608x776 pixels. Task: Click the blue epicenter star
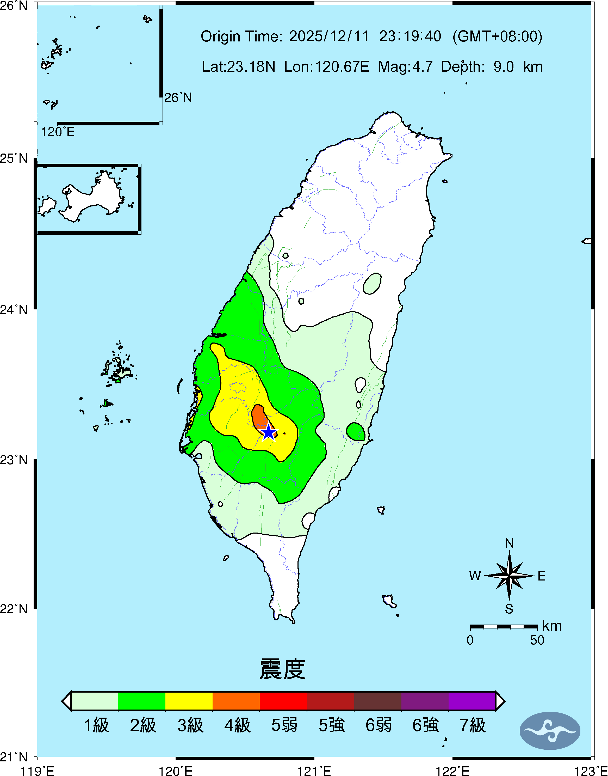click(x=269, y=433)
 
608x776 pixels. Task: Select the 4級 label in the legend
click(x=237, y=725)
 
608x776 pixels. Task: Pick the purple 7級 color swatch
click(x=472, y=701)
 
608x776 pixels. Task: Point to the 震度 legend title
click(x=282, y=669)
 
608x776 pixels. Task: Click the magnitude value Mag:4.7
click(x=405, y=66)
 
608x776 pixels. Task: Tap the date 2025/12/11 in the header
click(x=329, y=36)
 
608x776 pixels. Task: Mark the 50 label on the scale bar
click(x=537, y=640)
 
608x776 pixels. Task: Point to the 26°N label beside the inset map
click(x=178, y=97)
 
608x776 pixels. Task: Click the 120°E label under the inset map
click(x=58, y=132)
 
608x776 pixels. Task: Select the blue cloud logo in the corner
click(x=550, y=730)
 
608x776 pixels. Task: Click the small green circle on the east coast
click(x=356, y=432)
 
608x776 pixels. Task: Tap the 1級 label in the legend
click(x=96, y=725)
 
